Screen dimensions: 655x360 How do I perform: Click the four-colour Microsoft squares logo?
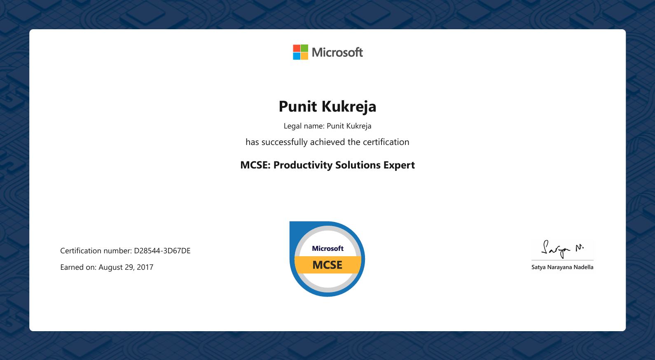coord(301,52)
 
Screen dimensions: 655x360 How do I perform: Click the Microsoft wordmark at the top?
coord(337,52)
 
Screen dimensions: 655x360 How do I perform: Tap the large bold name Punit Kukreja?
coord(327,106)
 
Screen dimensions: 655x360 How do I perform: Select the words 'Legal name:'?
coord(304,126)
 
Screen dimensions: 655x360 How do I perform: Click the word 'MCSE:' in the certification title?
coord(255,165)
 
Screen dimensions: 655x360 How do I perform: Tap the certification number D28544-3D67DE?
coord(162,250)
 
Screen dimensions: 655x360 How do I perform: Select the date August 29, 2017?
coord(126,267)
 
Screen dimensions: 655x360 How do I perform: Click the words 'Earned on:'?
coord(78,267)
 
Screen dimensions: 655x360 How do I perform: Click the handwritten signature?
coord(562,249)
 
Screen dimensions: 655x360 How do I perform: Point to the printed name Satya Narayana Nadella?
coord(562,267)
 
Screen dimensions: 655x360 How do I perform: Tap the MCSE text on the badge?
coord(327,265)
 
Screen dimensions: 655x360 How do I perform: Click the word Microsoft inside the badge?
coord(327,248)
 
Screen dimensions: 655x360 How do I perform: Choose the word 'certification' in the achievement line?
coord(386,142)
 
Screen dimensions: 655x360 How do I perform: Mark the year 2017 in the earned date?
coord(145,267)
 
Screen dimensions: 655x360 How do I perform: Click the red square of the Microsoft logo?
coord(297,48)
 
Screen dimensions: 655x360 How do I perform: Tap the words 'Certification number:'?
coord(96,250)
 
